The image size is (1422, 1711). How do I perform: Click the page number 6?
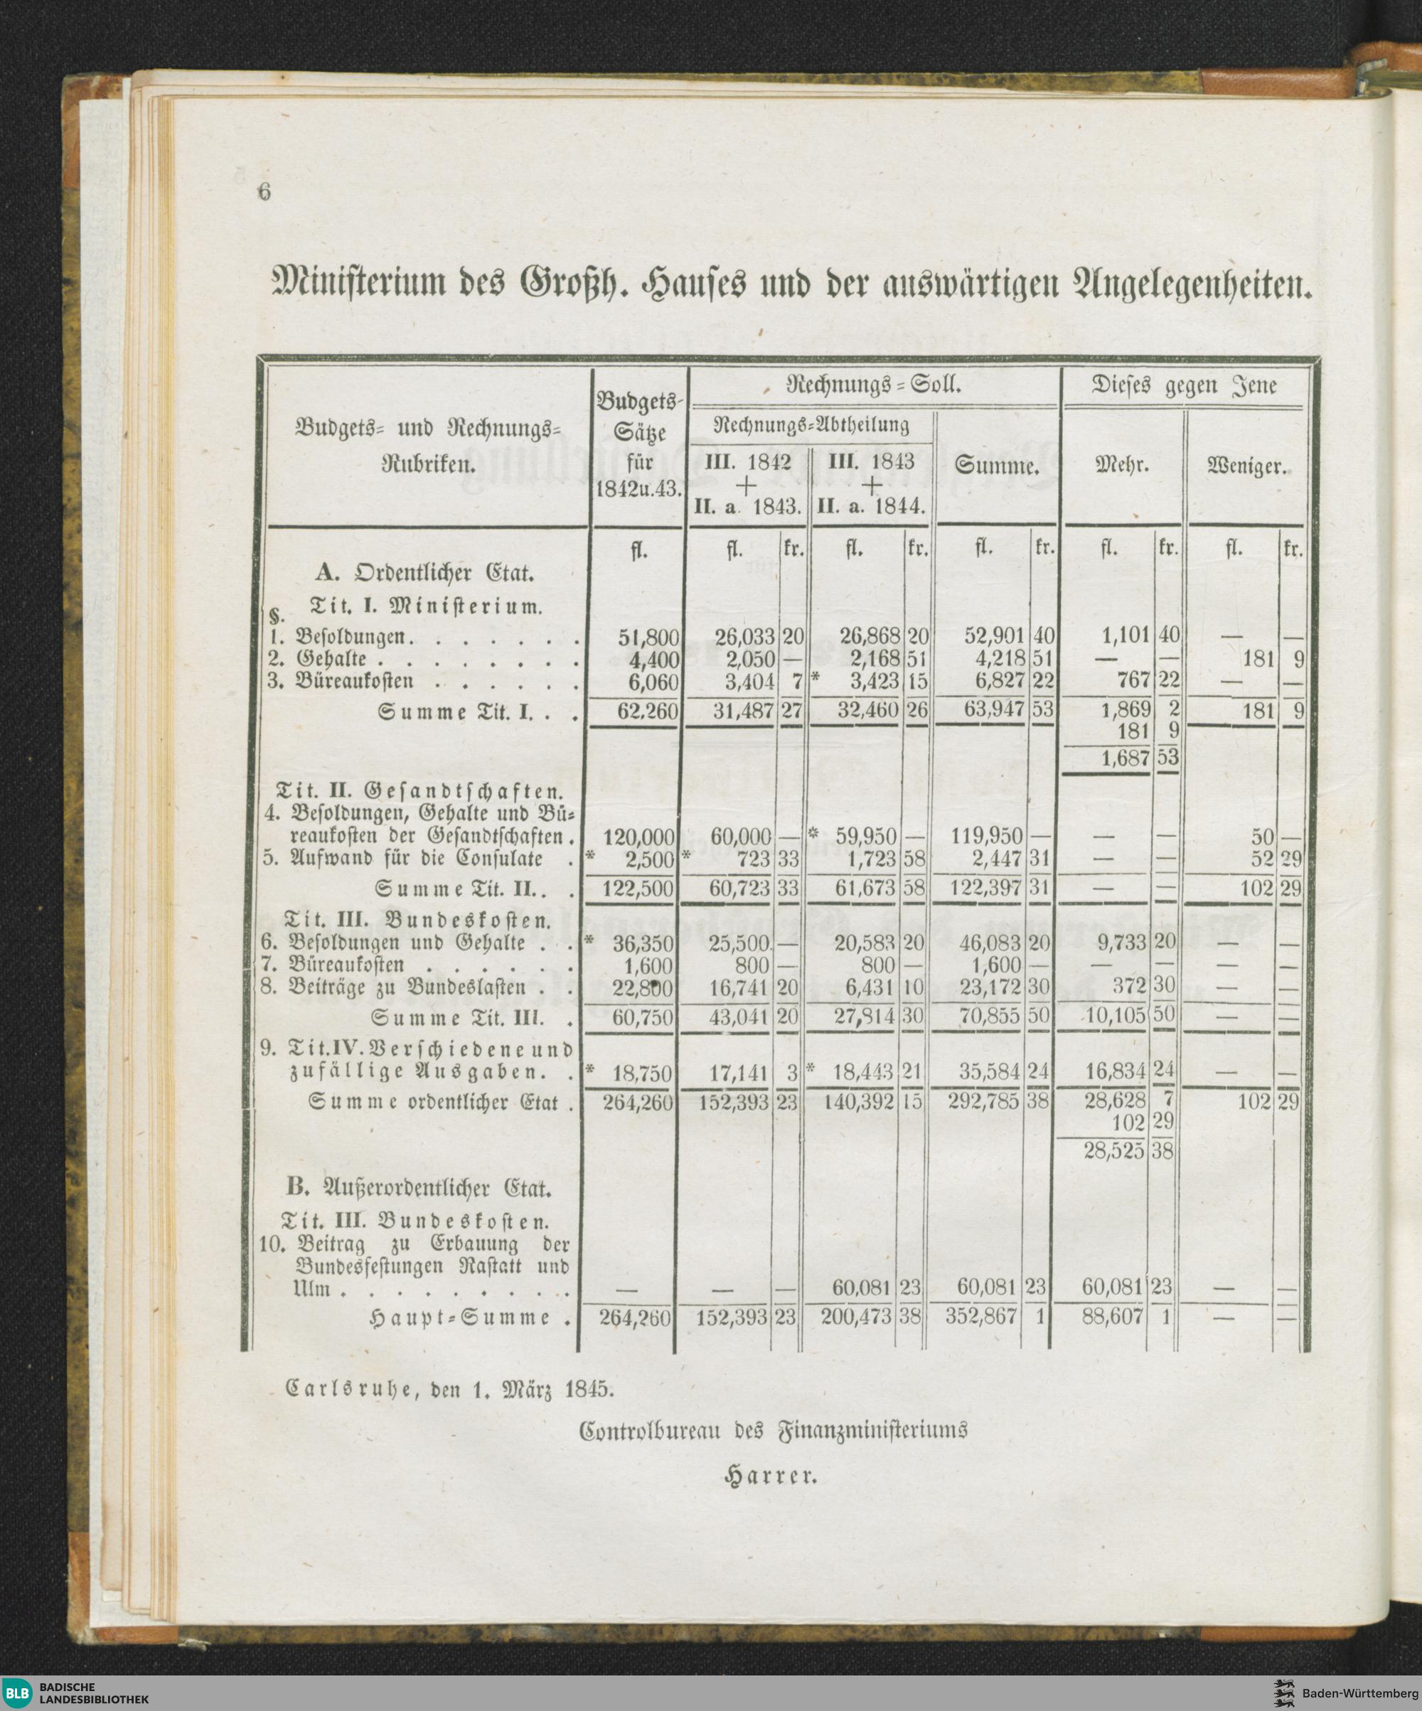pyautogui.click(x=263, y=193)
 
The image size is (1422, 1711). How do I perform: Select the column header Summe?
pyautogui.click(x=997, y=468)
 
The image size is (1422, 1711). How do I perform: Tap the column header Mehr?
pyautogui.click(x=1121, y=468)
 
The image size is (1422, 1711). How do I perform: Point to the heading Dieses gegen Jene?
pyautogui.click(x=1184, y=386)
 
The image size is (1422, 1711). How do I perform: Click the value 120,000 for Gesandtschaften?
pyautogui.click(x=639, y=836)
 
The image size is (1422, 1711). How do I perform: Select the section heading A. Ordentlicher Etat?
pyautogui.click(x=424, y=573)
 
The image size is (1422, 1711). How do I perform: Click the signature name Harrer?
pyautogui.click(x=771, y=1475)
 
